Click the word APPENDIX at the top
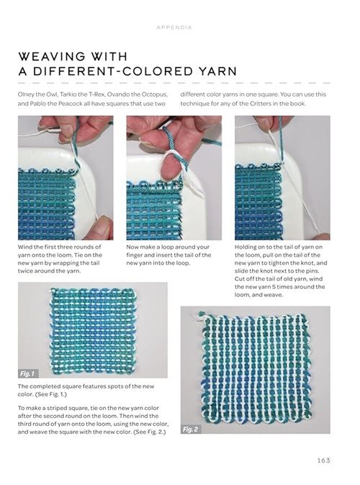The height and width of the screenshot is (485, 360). pyautogui.click(x=174, y=27)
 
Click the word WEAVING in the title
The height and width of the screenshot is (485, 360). pyautogui.click(x=52, y=57)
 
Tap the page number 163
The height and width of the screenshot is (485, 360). pyautogui.click(x=323, y=460)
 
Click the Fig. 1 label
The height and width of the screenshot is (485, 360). pyautogui.click(x=28, y=373)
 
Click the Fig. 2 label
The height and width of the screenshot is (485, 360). pyautogui.click(x=190, y=430)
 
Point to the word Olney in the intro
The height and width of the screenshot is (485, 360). pyautogui.click(x=24, y=94)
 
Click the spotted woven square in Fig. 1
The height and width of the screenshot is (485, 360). pyautogui.click(x=93, y=329)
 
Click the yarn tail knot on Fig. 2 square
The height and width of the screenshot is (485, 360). pyautogui.click(x=198, y=316)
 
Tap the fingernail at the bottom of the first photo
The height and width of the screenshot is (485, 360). pyautogui.click(x=104, y=222)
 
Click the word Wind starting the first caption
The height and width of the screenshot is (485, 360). pyautogui.click(x=24, y=247)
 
